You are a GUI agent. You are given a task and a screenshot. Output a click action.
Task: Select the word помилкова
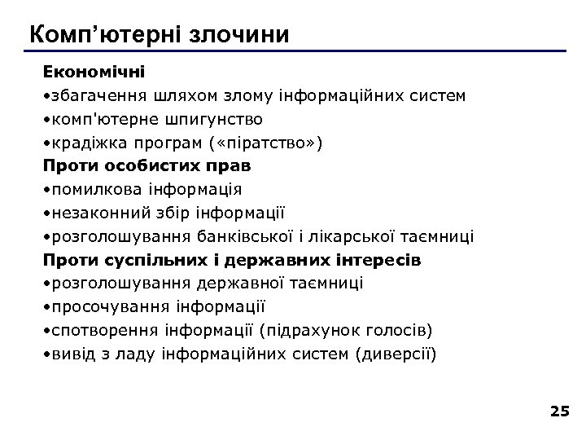(x=90, y=190)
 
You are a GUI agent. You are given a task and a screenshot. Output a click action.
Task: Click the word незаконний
(x=92, y=213)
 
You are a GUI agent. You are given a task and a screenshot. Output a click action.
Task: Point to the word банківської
(x=243, y=237)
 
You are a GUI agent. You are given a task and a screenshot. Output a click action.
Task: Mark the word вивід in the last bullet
(x=69, y=354)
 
